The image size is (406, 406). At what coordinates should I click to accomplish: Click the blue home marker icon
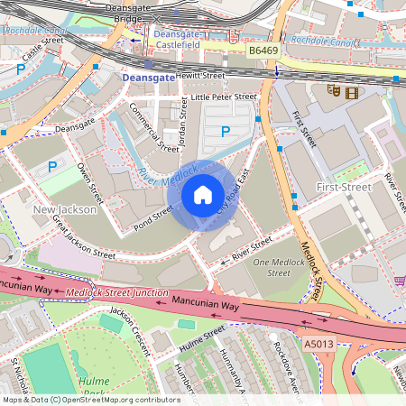coord(203,194)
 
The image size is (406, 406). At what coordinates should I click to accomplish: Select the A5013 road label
coord(318,343)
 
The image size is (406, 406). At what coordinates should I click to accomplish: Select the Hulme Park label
coord(92,387)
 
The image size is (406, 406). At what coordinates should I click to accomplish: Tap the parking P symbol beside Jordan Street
coord(225,132)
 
